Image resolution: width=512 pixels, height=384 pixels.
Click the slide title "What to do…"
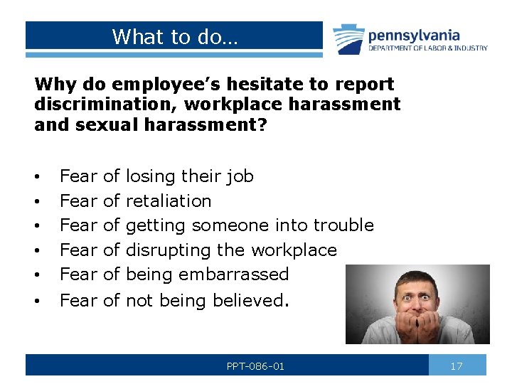click(176, 36)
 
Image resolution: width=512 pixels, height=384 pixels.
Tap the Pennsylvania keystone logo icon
click(348, 38)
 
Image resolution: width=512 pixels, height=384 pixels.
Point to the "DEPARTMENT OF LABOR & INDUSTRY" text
click(427, 48)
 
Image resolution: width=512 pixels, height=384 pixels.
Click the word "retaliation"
click(169, 201)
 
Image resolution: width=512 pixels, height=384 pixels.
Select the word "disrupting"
click(169, 250)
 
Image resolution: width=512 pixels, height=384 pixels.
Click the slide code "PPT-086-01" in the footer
click(255, 366)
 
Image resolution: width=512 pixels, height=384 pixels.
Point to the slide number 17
click(457, 366)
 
